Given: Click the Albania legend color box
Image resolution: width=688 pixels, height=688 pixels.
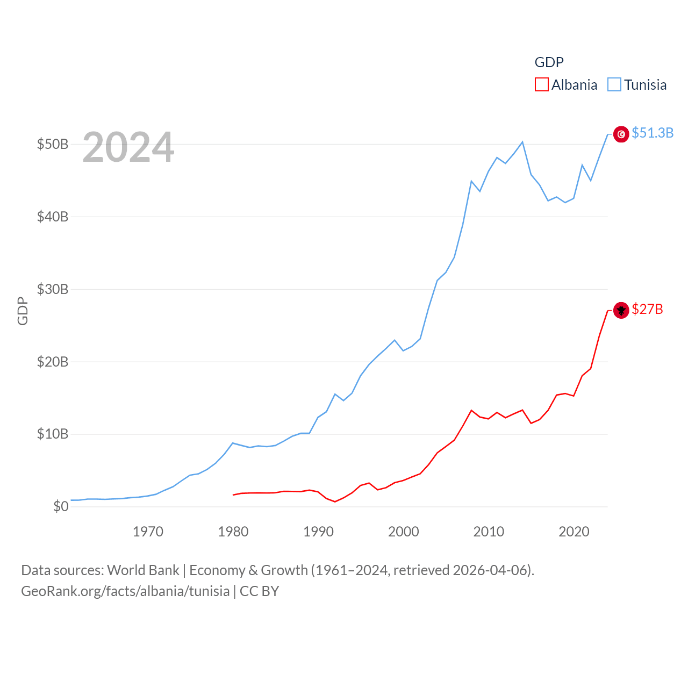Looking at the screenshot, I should pyautogui.click(x=542, y=85).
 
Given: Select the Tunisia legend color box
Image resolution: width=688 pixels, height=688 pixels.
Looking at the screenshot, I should pyautogui.click(x=614, y=85).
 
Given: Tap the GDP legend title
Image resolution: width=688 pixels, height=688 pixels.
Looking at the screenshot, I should pyautogui.click(x=549, y=62).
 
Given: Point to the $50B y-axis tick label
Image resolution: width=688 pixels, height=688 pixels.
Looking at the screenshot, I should pyautogui.click(x=53, y=144).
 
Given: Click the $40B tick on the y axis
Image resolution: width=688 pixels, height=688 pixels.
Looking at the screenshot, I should pyautogui.click(x=53, y=217).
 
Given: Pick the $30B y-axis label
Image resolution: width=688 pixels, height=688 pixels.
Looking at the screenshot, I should pyautogui.click(x=53, y=289).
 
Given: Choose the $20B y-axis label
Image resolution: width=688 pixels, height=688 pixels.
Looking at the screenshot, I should pyautogui.click(x=53, y=362).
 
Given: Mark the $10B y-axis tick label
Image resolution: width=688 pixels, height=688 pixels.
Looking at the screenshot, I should pyautogui.click(x=53, y=434).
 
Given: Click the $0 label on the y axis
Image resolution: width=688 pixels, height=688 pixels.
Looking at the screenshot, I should pyautogui.click(x=61, y=506).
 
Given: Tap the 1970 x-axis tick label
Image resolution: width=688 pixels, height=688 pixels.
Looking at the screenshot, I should pyautogui.click(x=148, y=532).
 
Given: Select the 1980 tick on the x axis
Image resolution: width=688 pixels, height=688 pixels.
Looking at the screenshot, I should pyautogui.click(x=233, y=532).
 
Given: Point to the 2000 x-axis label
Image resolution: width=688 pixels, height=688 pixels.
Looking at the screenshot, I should pyautogui.click(x=404, y=532).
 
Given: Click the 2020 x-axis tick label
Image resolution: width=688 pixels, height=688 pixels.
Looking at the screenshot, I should pyautogui.click(x=574, y=532).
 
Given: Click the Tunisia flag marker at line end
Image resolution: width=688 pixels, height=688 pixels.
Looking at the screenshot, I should pyautogui.click(x=621, y=134).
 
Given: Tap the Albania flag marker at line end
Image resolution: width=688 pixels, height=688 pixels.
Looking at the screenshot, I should pyautogui.click(x=621, y=310).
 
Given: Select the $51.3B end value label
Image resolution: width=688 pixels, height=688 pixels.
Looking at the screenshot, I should pyautogui.click(x=653, y=133).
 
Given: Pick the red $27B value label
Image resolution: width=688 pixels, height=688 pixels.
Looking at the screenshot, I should pyautogui.click(x=647, y=309).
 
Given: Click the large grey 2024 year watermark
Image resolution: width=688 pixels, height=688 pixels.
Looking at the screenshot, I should pyautogui.click(x=128, y=147).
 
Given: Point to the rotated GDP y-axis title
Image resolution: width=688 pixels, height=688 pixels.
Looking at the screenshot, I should pyautogui.click(x=23, y=311).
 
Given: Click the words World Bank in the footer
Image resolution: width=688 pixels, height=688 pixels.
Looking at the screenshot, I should pyautogui.click(x=143, y=570).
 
